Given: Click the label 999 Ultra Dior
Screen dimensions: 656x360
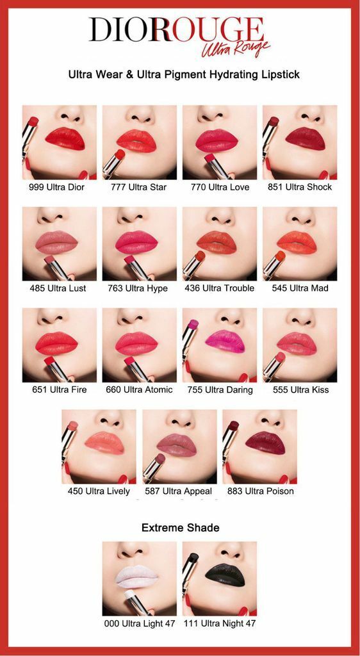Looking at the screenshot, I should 56,187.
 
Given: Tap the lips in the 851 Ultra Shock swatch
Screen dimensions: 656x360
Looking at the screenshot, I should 305,137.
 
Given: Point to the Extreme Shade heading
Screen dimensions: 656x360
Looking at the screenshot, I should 180,528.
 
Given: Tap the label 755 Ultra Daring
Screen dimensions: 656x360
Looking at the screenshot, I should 220,389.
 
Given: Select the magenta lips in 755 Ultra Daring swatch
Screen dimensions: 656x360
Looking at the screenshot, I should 225,339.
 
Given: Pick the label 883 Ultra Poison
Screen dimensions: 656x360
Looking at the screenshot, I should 260,491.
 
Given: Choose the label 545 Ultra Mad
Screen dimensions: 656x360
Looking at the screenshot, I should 300,288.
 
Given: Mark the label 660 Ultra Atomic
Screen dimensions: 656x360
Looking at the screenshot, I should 139,389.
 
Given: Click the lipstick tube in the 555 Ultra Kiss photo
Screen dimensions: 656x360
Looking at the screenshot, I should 274,366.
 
